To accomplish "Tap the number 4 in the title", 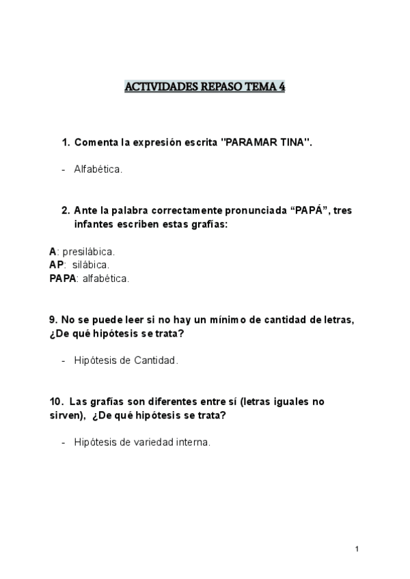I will pos(282,87).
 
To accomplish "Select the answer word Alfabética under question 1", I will pos(98,169).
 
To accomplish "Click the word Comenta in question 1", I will pos(96,143).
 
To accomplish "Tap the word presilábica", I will pos(89,251).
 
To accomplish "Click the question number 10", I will pos(55,402).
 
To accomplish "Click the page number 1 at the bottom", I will pos(357,549).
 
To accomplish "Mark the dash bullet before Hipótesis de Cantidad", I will pos(64,361).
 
